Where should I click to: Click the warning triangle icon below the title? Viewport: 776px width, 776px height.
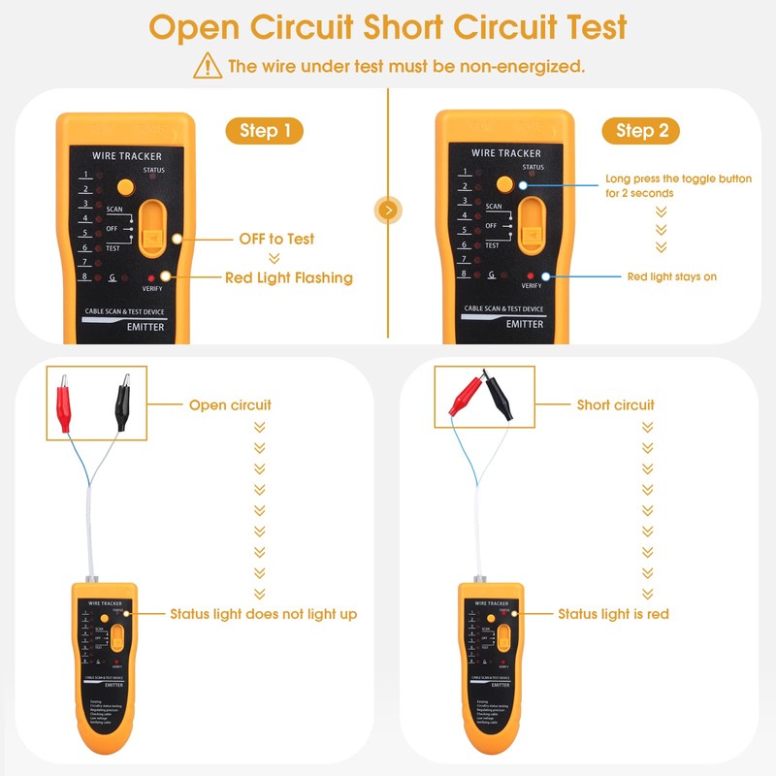pos(208,66)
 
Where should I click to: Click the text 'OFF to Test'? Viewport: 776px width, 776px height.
pos(276,239)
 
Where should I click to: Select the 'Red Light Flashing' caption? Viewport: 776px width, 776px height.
pos(289,277)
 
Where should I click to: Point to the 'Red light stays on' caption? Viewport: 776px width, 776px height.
pos(672,276)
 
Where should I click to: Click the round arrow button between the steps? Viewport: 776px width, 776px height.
pos(388,210)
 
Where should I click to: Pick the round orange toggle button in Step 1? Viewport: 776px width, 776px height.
pos(124,186)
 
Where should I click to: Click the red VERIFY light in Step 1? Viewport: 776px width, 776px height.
pos(152,277)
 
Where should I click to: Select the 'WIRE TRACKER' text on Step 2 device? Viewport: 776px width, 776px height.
pos(506,153)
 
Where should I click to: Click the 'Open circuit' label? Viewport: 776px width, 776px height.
pos(230,404)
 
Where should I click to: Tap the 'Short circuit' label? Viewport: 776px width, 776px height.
pos(615,404)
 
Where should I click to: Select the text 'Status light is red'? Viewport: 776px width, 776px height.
pos(613,614)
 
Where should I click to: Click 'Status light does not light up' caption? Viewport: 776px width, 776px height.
pos(263,614)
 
